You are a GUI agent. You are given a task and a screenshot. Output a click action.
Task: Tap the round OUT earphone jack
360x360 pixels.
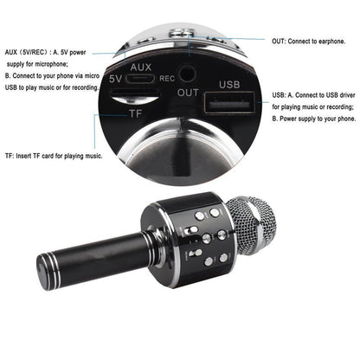click(183, 75)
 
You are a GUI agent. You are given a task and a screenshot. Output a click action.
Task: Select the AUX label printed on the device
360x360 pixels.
click(140, 66)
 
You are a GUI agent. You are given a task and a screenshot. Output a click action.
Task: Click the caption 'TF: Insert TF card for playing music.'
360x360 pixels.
click(53, 156)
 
